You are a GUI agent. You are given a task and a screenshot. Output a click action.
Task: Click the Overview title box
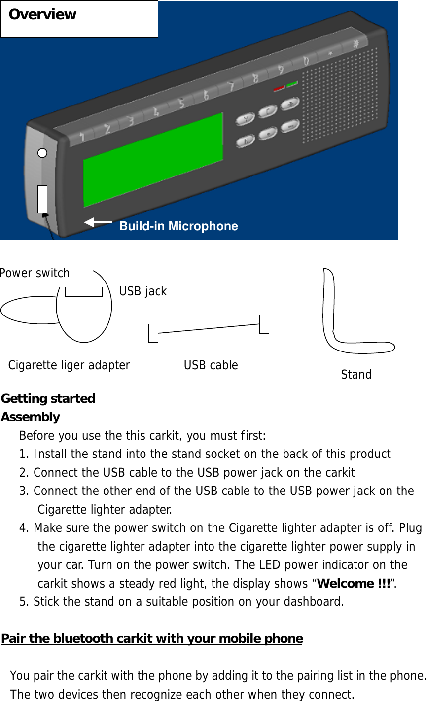(79, 19)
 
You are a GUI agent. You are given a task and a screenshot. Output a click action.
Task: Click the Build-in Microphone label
(178, 226)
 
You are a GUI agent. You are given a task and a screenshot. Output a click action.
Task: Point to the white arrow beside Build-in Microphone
(98, 223)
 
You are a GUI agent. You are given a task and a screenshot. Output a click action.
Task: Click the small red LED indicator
(279, 89)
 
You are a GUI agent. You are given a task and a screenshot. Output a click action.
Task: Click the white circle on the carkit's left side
(43, 153)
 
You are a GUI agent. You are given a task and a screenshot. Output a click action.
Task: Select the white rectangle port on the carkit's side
(42, 199)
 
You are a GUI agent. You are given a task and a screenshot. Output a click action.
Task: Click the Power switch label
(35, 273)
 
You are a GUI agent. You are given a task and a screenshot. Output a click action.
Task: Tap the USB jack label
(143, 291)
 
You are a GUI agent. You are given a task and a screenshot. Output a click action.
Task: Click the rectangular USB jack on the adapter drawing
(84, 291)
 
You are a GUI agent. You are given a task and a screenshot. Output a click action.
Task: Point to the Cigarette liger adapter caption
(69, 365)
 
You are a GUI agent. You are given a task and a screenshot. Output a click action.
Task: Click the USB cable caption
(211, 365)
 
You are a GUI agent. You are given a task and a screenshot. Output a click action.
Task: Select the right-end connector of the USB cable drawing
(264, 324)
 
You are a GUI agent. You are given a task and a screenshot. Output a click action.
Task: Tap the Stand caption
(356, 375)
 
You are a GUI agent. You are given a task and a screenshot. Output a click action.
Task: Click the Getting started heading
(48, 398)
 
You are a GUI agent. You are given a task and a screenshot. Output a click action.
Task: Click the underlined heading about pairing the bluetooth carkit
(152, 639)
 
